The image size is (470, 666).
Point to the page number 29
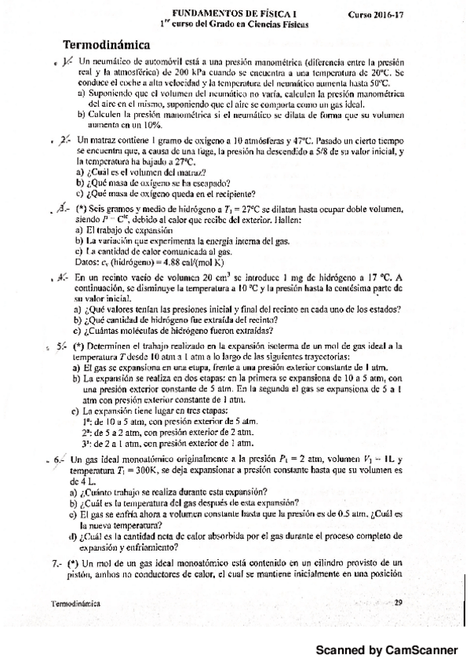point(398,602)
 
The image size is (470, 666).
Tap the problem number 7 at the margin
point(56,563)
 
